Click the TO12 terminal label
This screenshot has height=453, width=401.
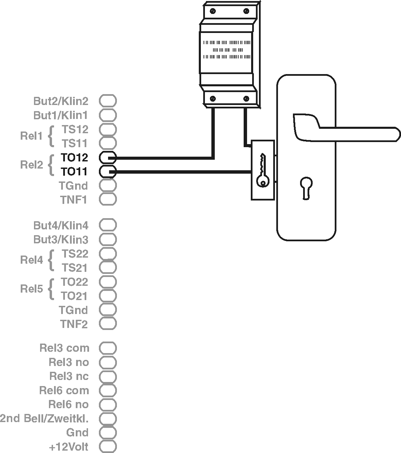click(x=74, y=158)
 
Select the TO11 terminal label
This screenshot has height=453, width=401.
click(x=74, y=172)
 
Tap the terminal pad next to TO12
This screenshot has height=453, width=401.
click(x=108, y=158)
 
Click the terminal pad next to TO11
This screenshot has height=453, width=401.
click(x=108, y=172)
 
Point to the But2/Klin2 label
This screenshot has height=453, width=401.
click(x=61, y=101)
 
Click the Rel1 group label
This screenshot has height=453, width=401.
click(x=31, y=136)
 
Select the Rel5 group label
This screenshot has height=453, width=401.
click(x=31, y=289)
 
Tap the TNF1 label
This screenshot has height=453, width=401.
click(x=74, y=200)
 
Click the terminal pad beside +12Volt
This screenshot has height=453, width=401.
click(x=108, y=447)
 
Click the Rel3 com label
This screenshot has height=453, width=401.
click(x=64, y=348)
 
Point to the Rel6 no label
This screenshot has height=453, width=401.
click(x=68, y=404)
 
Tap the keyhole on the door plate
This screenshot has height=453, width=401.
click(x=305, y=187)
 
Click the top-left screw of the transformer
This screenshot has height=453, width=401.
click(x=213, y=11)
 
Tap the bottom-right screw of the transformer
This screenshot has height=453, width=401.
click(x=245, y=99)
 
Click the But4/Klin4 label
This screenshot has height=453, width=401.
click(x=61, y=225)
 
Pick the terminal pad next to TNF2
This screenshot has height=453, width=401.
click(x=108, y=324)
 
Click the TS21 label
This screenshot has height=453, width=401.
click(x=75, y=268)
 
